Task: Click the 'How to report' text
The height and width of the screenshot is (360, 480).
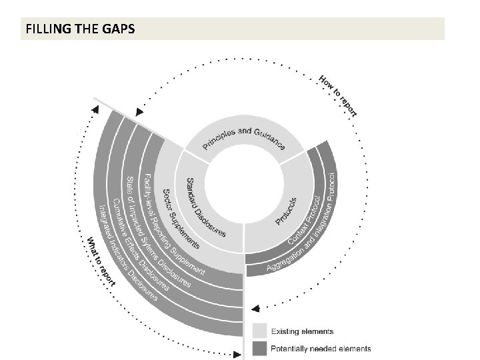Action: [338, 95]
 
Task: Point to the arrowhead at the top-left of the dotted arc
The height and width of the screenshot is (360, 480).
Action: [139, 113]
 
